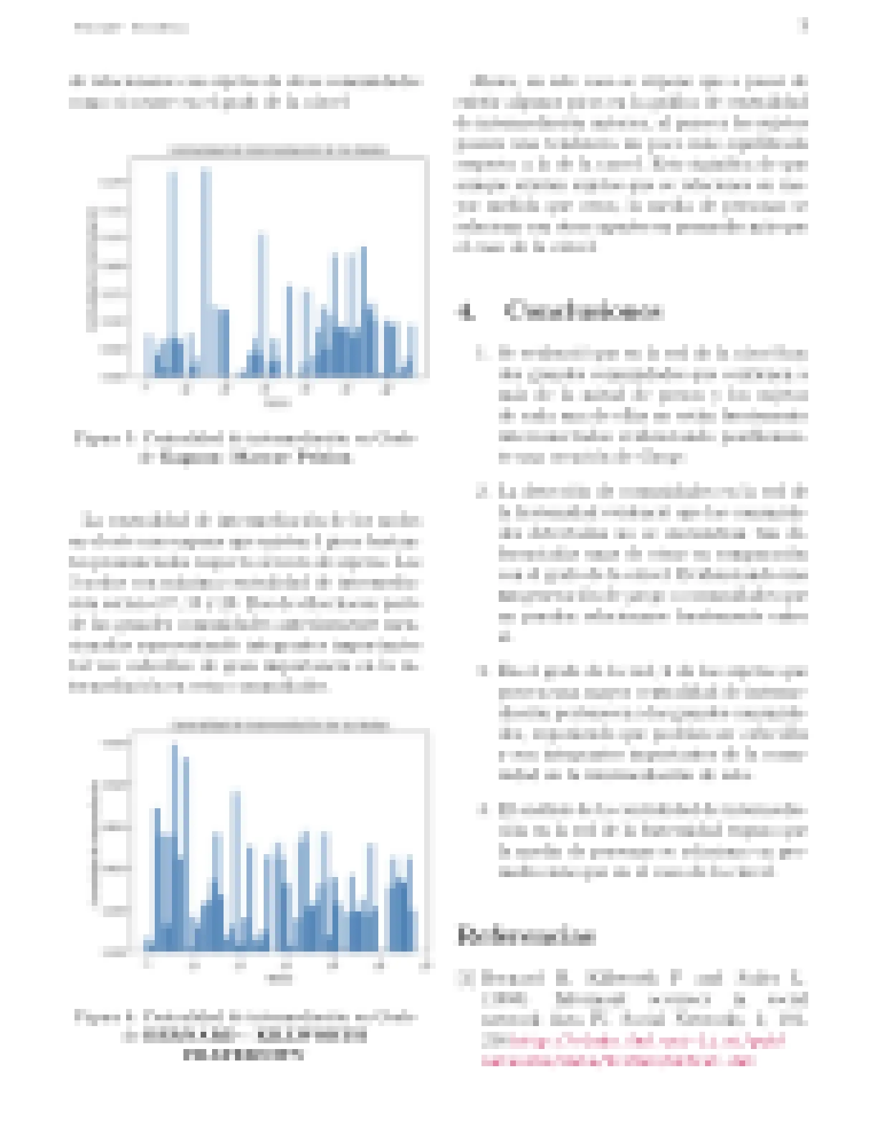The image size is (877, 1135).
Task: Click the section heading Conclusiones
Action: [x=583, y=311]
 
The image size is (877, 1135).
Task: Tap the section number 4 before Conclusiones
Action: [x=466, y=312]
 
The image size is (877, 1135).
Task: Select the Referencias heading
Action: [x=526, y=935]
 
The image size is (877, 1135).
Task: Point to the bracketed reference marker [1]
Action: [x=466, y=978]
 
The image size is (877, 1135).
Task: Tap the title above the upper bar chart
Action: [x=279, y=150]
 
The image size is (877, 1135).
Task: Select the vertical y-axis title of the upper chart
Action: [x=92, y=269]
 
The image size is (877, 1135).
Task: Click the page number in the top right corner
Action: [x=803, y=27]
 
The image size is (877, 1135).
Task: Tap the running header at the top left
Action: [x=131, y=29]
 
